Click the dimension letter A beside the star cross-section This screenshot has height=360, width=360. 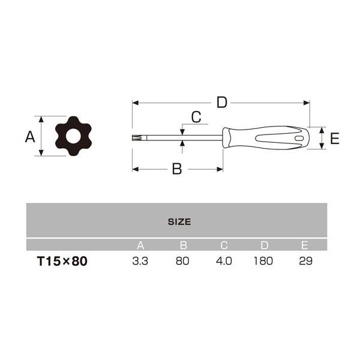point(29,137)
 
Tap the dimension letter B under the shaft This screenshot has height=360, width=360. point(177,169)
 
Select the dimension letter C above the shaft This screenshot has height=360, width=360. point(196,116)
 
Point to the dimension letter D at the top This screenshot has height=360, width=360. point(222,103)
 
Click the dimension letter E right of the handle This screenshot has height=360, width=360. point(335,139)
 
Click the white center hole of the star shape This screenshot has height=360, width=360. point(73,136)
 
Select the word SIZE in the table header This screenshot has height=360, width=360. point(179,221)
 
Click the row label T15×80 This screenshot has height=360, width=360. point(62,262)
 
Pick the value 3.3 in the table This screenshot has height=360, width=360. point(140,262)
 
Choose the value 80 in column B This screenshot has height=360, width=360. point(183,262)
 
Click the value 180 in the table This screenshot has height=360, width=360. point(263,262)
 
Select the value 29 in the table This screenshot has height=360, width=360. point(305,262)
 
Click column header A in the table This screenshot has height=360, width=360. point(140,245)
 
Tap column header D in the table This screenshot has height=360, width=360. point(264,245)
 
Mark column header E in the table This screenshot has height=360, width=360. point(305,245)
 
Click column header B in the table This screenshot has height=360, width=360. point(183,245)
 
